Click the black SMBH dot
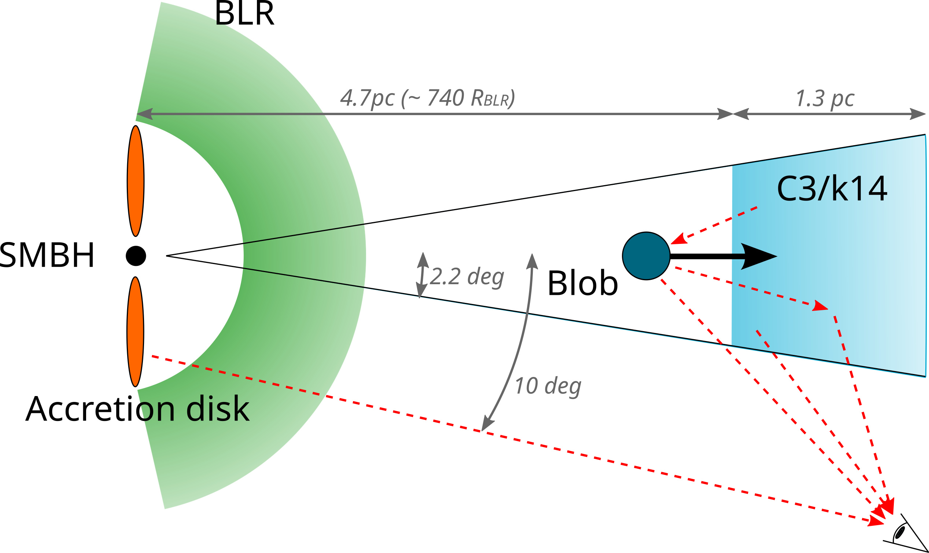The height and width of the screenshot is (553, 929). click(x=136, y=256)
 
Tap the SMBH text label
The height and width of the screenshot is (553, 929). click(x=47, y=255)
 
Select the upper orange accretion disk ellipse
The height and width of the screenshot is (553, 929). click(x=136, y=181)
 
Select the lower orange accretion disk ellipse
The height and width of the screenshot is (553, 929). click(x=135, y=332)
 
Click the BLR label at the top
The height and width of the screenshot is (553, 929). click(x=244, y=14)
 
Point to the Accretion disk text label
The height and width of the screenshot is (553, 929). click(x=137, y=409)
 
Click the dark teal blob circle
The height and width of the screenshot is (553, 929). click(x=646, y=256)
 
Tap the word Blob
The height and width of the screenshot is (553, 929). click(x=583, y=283)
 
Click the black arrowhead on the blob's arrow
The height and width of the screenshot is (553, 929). click(x=759, y=256)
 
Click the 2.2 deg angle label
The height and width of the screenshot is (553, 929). click(x=467, y=277)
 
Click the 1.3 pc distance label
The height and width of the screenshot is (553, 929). click(x=825, y=99)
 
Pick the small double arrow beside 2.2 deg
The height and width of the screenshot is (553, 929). click(x=421, y=275)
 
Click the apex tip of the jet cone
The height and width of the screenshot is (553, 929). click(x=166, y=256)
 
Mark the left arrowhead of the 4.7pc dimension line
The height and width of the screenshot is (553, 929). click(x=145, y=114)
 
